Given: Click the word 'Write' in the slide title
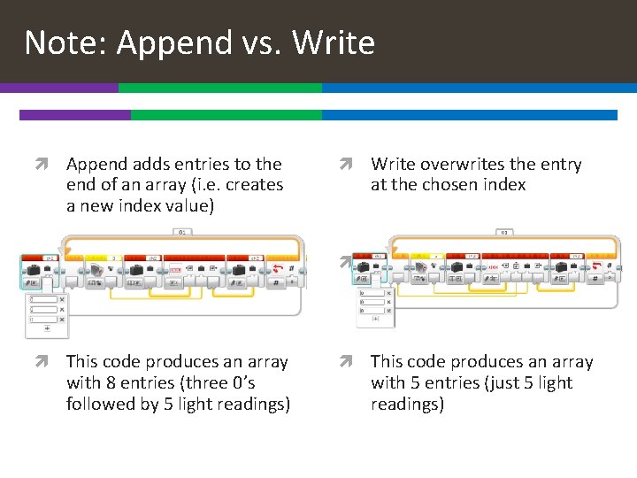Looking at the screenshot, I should point(333,42).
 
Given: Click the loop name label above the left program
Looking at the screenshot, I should point(183,233).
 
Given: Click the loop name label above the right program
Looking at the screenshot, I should point(504,233).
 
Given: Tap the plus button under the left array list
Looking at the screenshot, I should point(47,328).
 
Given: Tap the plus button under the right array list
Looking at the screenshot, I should point(375,318).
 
